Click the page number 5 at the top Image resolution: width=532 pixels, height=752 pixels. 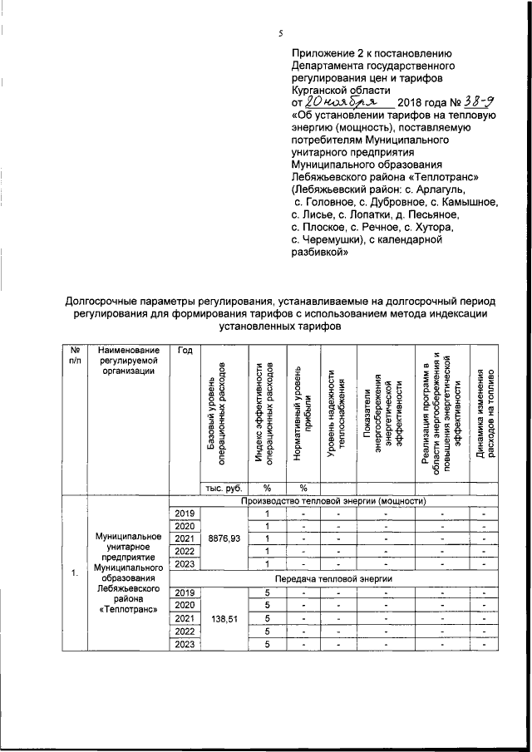pyautogui.click(x=281, y=33)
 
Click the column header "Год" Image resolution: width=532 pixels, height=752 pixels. pyautogui.click(x=185, y=351)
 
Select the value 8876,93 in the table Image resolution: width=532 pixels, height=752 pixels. pyautogui.click(x=224, y=538)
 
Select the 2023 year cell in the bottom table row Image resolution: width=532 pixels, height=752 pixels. pyautogui.click(x=185, y=644)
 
